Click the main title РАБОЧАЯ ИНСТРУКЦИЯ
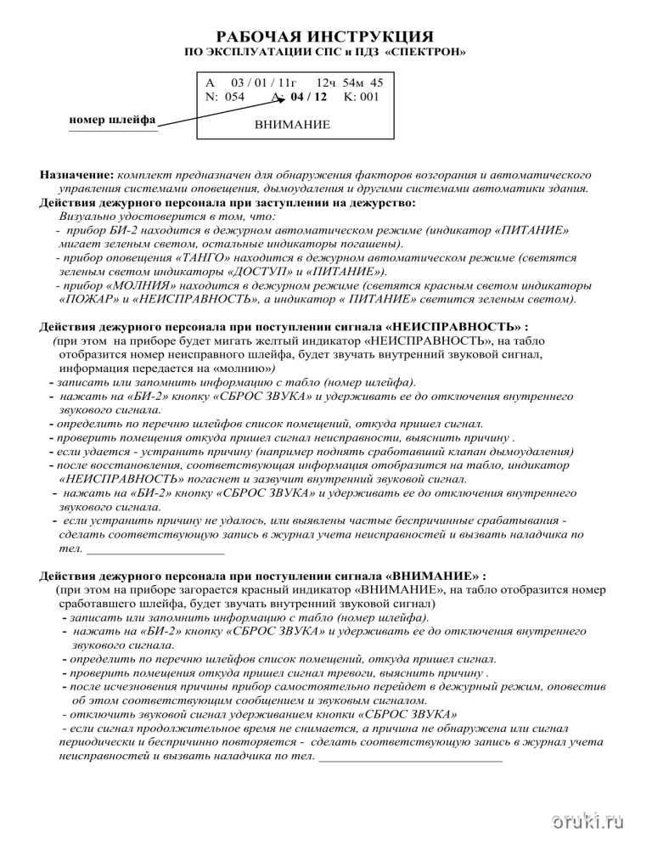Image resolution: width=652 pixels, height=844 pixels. click(326, 37)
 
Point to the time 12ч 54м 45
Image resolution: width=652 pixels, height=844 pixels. click(350, 83)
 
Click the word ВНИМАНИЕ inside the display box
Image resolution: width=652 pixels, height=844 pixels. click(292, 125)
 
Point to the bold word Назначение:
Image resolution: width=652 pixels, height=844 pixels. click(76, 173)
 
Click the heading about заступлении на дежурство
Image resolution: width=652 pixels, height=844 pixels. click(228, 203)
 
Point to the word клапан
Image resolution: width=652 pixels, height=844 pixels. click(481, 452)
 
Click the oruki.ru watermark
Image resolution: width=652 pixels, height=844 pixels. click(587, 821)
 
